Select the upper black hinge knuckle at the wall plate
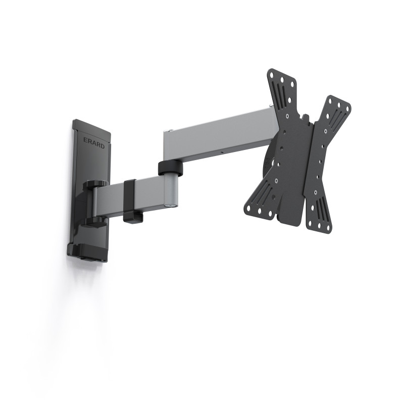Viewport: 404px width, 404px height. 95,184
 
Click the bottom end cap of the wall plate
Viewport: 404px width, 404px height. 88,252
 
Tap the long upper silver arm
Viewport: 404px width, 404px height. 217,135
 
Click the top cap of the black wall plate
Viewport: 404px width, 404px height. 91,124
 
